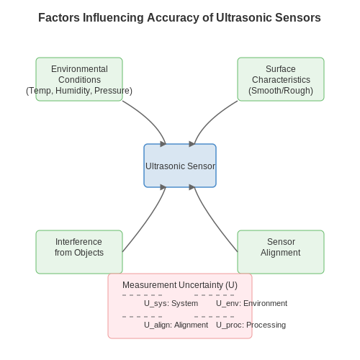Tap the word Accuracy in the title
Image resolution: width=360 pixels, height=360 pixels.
click(x=173, y=18)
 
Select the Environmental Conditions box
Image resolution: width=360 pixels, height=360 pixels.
click(x=79, y=79)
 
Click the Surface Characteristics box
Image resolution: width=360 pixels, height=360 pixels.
click(x=281, y=79)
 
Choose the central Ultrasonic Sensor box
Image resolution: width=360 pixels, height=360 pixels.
click(x=180, y=166)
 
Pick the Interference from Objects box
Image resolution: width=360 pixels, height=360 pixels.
click(x=79, y=252)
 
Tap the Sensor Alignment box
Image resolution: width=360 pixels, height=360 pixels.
click(x=281, y=252)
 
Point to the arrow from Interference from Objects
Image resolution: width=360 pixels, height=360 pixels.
click(x=147, y=222)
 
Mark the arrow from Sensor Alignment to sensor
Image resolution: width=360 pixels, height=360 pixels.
click(x=213, y=222)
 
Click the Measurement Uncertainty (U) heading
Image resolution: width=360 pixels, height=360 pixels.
click(x=180, y=285)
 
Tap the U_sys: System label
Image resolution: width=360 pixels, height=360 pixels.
click(x=171, y=303)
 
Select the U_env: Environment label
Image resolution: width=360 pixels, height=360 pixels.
click(x=251, y=303)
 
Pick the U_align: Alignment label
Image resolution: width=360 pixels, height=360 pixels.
click(x=176, y=325)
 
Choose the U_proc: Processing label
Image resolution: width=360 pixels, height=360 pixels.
click(x=251, y=325)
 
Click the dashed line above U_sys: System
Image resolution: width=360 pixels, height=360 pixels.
click(x=143, y=295)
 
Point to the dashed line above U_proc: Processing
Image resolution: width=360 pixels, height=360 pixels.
click(x=215, y=317)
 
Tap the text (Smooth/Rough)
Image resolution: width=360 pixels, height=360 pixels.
click(x=281, y=91)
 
